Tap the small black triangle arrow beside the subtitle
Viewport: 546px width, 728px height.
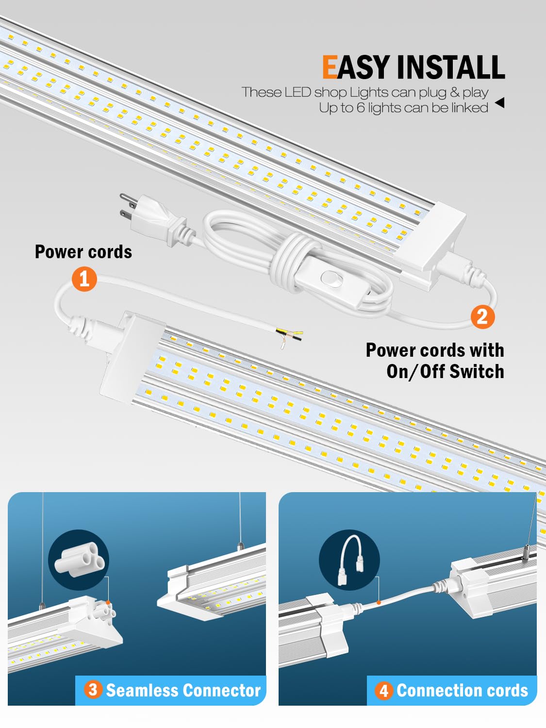click(499, 102)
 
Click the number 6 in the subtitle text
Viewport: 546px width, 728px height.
click(360, 108)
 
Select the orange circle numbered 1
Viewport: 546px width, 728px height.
click(84, 279)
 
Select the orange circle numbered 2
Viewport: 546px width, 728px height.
click(482, 316)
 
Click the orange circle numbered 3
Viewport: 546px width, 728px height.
click(93, 690)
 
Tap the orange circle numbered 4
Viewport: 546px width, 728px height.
click(383, 691)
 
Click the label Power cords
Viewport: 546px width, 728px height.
click(83, 252)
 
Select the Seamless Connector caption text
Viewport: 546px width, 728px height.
click(183, 690)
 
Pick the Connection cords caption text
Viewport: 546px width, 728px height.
click(462, 690)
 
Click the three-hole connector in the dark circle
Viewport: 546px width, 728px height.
click(79, 560)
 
